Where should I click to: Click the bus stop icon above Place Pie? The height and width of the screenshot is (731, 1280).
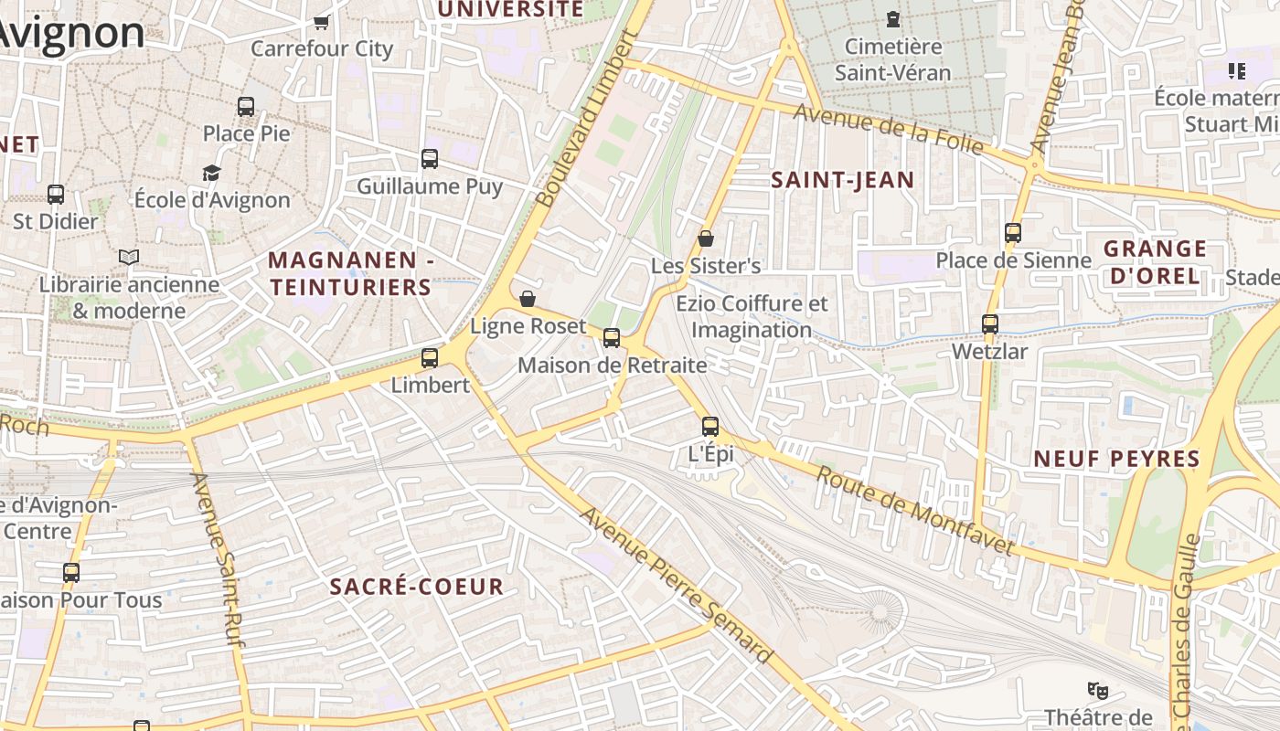click(246, 106)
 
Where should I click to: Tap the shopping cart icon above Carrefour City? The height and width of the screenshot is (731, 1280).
click(321, 21)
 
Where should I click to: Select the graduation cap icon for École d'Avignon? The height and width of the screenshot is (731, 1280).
click(212, 173)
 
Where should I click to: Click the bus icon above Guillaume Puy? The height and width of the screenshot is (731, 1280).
click(430, 159)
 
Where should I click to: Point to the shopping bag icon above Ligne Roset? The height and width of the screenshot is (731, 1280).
click(528, 299)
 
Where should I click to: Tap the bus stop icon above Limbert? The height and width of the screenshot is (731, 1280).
click(430, 358)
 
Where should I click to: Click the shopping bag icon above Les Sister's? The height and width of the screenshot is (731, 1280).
click(706, 238)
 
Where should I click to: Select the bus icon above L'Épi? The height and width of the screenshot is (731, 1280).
click(710, 427)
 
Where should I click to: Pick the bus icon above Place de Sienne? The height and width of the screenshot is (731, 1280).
click(1013, 233)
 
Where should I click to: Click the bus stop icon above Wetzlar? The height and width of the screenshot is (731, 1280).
click(990, 324)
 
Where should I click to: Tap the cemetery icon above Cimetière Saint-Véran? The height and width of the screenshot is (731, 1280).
click(892, 18)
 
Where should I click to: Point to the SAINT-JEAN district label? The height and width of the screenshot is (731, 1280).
click(842, 180)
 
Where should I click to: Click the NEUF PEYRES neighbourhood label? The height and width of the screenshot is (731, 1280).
click(1116, 459)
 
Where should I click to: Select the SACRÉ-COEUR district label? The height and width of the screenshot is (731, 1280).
click(416, 587)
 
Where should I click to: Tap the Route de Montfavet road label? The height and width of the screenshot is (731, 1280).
click(914, 511)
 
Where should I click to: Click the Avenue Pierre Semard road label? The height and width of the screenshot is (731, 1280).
click(677, 585)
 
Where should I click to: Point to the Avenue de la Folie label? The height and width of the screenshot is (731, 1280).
click(888, 129)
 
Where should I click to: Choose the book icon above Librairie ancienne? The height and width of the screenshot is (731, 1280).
click(129, 258)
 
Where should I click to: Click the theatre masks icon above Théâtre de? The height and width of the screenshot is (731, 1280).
click(1097, 690)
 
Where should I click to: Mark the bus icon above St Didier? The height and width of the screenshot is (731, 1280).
click(56, 195)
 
